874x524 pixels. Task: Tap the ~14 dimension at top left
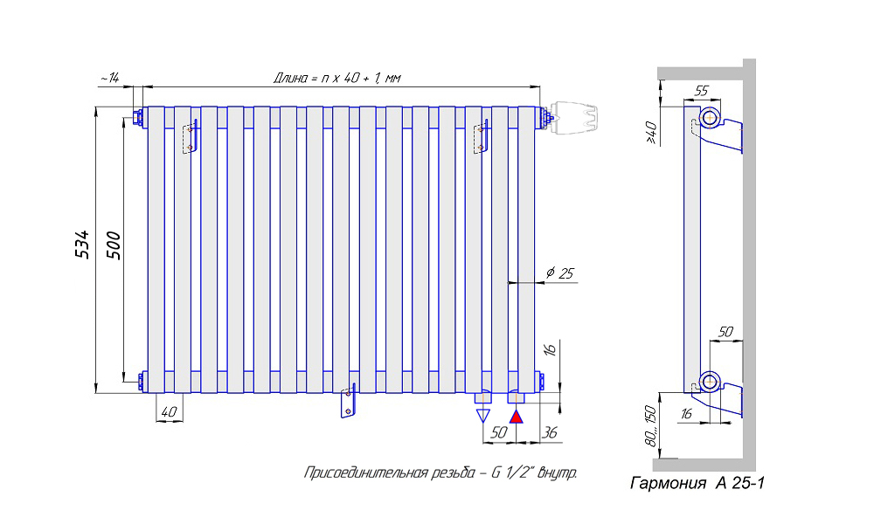point(109,78)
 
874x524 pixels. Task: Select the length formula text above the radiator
point(336,78)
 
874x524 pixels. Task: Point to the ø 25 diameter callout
point(559,274)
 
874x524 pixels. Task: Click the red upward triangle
point(517,416)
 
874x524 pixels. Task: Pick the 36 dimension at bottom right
point(550,432)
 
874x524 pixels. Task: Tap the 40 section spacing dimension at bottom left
point(169,411)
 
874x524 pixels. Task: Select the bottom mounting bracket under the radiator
point(350,403)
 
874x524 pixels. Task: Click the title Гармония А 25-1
point(697,483)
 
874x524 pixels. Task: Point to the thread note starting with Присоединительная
point(440,473)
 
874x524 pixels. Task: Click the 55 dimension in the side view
point(700,91)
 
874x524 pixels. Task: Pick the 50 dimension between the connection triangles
point(499,432)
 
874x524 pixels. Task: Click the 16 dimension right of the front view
point(549,349)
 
